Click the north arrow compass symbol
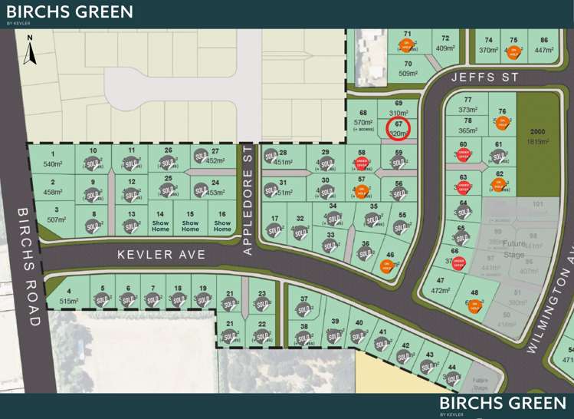click(x=29, y=50)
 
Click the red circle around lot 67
click(x=398, y=128)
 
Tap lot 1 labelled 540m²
click(x=53, y=160)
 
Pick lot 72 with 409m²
click(x=444, y=44)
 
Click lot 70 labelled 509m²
click(x=408, y=69)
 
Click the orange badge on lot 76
click(x=503, y=123)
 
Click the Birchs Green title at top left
click(x=69, y=12)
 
